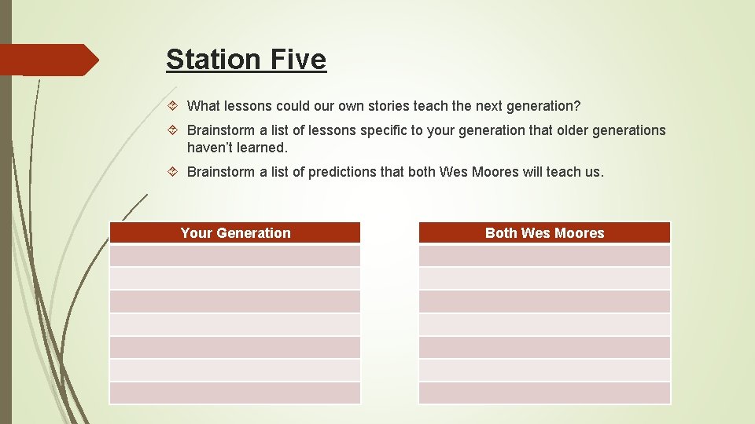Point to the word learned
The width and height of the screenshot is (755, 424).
(x=263, y=148)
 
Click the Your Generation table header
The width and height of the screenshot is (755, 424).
(x=235, y=232)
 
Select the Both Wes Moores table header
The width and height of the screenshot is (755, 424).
(x=544, y=232)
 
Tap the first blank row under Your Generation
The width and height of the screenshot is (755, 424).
(x=235, y=256)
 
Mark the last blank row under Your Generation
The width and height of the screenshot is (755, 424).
(x=235, y=393)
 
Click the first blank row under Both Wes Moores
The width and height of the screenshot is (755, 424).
(x=544, y=256)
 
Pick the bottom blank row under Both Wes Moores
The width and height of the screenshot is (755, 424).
(x=544, y=393)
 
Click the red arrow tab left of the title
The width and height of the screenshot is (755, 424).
(x=47, y=60)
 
